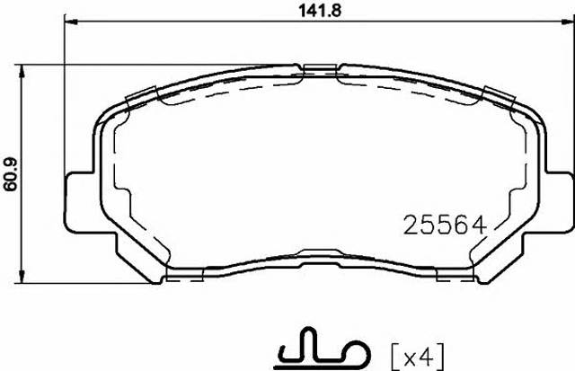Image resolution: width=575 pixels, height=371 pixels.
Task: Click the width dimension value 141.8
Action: pyautogui.click(x=321, y=11)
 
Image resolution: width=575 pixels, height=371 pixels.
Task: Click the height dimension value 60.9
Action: pyautogui.click(x=11, y=174)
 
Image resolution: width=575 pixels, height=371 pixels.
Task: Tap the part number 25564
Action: pyautogui.click(x=445, y=225)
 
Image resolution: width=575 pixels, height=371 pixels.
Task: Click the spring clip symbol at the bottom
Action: pyautogui.click(x=323, y=349)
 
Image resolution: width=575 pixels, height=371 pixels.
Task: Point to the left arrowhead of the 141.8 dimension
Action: pyautogui.click(x=71, y=22)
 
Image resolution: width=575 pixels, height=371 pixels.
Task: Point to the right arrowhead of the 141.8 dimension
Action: pyautogui.click(x=568, y=22)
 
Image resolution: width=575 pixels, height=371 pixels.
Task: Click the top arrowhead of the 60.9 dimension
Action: pyautogui.click(x=22, y=72)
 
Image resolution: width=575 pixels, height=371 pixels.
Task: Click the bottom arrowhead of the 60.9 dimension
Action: pyautogui.click(x=22, y=277)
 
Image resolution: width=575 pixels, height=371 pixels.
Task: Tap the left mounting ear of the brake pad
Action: pyautogui.click(x=80, y=201)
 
